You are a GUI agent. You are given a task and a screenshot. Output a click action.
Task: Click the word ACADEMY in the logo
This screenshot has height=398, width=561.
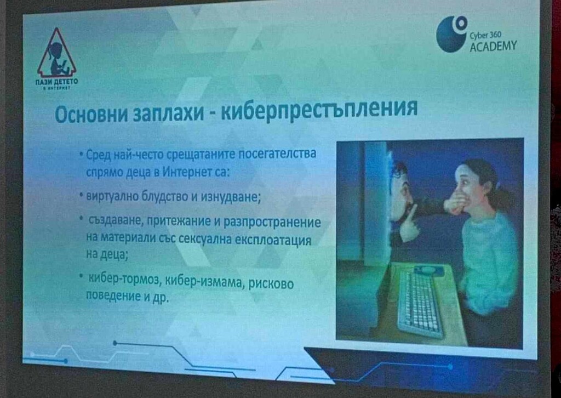click(x=493, y=46)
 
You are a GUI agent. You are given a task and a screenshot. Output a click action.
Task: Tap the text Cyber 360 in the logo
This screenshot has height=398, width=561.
click(x=485, y=35)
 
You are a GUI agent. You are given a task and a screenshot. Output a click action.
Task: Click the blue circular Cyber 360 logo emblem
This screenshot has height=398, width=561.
click(x=452, y=34)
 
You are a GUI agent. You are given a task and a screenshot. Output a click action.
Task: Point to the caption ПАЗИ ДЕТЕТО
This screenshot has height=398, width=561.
click(x=56, y=82)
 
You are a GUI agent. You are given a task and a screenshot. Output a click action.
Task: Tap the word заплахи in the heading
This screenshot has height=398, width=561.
click(x=168, y=113)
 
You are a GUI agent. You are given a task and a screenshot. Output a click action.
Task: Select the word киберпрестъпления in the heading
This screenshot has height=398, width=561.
click(x=319, y=109)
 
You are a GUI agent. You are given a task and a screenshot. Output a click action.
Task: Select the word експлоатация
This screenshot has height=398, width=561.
click(x=272, y=240)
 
